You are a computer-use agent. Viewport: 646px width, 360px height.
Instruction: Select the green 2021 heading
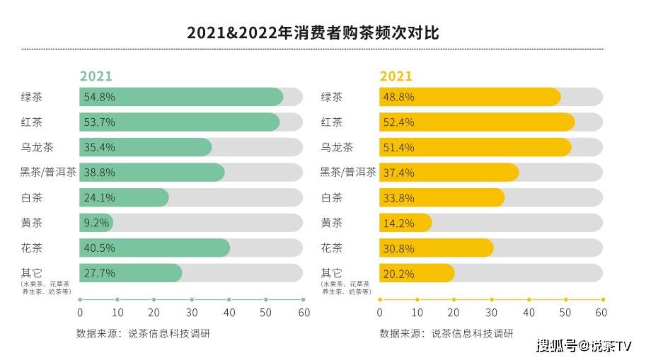[x=96, y=76]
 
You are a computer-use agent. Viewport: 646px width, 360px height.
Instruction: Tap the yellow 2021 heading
[x=396, y=76]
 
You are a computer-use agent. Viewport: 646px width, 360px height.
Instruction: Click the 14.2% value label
[x=397, y=223]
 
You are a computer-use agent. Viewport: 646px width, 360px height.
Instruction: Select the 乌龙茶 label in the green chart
[x=38, y=147]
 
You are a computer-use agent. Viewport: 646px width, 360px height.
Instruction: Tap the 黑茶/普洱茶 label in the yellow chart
[x=348, y=172]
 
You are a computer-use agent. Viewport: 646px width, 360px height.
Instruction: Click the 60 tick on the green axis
[x=304, y=312]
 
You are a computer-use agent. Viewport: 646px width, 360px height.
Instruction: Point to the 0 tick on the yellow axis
[x=380, y=312]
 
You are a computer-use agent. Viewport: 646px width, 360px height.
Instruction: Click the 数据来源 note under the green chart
[x=143, y=333]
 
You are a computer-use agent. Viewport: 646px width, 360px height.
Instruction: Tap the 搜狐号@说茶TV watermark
[x=583, y=346]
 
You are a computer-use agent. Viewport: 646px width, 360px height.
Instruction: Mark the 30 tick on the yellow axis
[x=491, y=312]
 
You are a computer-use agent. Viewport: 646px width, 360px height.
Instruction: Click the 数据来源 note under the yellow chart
[x=446, y=333]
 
